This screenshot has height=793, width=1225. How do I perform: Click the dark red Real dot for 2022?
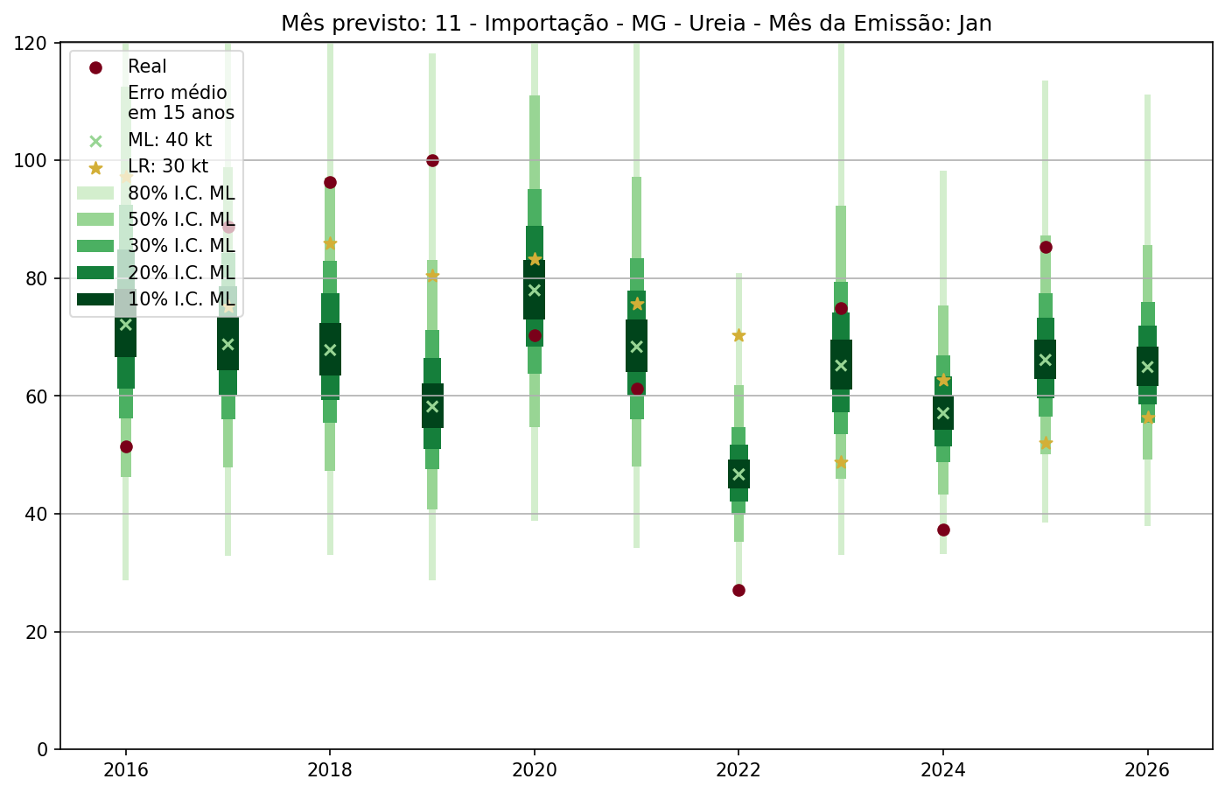(x=738, y=590)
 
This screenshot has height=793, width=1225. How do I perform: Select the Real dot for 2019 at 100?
(x=432, y=160)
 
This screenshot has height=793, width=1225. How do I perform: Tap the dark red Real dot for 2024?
(x=943, y=530)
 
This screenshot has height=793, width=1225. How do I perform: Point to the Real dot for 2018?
(x=330, y=182)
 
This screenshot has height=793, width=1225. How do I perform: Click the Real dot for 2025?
(x=1046, y=247)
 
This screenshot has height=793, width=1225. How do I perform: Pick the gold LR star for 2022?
(x=738, y=335)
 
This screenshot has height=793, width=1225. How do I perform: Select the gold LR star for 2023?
(x=841, y=462)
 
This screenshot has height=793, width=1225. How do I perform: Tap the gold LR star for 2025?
(x=1046, y=443)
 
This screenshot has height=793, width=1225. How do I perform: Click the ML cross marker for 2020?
(x=535, y=290)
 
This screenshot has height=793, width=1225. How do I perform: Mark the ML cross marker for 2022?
(x=738, y=474)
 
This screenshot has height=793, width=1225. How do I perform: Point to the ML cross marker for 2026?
(x=1148, y=367)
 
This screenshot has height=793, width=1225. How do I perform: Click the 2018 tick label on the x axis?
(x=330, y=771)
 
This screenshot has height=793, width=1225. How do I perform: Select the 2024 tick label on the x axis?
(x=943, y=771)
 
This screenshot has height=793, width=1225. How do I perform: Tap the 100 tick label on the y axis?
(x=34, y=161)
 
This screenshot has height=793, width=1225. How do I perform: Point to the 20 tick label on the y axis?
(x=39, y=632)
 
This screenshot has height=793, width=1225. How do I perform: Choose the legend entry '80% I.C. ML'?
(x=181, y=193)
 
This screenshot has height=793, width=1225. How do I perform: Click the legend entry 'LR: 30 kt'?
(x=168, y=166)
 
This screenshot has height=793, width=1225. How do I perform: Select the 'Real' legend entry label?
(x=147, y=67)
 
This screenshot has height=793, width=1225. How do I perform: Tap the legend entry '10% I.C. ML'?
(x=181, y=299)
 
